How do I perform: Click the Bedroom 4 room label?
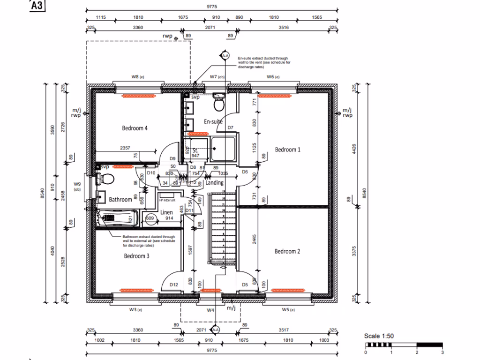(x=135, y=128)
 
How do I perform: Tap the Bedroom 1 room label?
(x=287, y=150)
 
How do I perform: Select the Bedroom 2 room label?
(x=287, y=251)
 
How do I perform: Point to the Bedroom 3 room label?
(x=137, y=256)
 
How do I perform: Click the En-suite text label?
(x=213, y=121)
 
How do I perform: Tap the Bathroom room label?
(x=120, y=200)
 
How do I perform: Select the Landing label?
(x=215, y=183)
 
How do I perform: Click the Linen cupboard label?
(x=167, y=212)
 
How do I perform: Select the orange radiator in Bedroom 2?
(x=287, y=291)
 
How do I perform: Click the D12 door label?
(x=174, y=285)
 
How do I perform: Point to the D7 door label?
(x=230, y=127)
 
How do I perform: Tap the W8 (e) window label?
(x=137, y=76)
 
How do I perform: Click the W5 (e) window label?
(x=287, y=310)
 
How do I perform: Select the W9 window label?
(x=77, y=184)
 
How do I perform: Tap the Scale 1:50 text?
(x=379, y=336)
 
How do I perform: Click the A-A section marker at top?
(x=225, y=56)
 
